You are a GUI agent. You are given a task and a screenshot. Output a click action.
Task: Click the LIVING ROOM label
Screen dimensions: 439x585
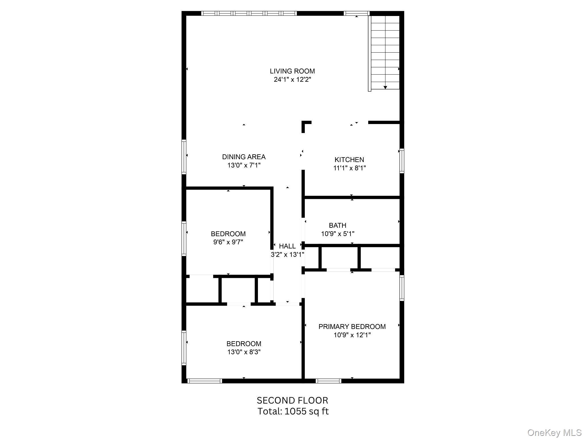point(292,71)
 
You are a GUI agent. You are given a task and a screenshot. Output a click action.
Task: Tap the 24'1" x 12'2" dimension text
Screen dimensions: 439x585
point(292,80)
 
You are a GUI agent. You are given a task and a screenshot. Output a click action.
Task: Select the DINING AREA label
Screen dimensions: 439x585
point(244,157)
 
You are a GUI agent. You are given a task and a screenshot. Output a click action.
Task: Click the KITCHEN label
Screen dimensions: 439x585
point(349,160)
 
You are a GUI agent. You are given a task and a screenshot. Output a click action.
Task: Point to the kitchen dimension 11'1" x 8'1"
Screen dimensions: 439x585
point(349,168)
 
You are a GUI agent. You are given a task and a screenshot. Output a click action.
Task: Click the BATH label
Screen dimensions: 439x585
point(337,226)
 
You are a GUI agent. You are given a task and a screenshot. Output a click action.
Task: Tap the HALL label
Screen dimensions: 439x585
point(287,246)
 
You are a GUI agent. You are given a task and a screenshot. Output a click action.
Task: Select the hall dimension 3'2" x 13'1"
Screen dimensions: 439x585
point(287,254)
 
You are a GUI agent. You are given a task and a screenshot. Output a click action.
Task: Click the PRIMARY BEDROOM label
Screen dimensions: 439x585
point(352,327)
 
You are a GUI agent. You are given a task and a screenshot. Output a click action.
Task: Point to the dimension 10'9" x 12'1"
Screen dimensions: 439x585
point(352,335)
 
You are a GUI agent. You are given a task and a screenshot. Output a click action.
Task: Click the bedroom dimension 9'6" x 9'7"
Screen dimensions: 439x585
point(228,242)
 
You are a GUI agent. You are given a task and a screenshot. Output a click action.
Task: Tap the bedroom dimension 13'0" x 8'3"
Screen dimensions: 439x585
point(244,352)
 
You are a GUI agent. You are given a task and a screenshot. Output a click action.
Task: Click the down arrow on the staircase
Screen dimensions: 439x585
point(385,87)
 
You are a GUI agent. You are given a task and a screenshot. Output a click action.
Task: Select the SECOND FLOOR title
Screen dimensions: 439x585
point(292,400)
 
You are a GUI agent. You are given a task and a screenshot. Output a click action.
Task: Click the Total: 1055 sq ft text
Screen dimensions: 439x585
point(293,411)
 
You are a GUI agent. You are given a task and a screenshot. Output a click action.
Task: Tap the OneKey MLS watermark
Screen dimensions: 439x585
point(554,433)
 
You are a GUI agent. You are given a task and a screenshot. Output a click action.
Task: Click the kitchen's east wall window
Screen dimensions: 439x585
point(402,161)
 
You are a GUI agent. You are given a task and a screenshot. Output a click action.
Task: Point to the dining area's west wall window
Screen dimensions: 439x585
point(184,157)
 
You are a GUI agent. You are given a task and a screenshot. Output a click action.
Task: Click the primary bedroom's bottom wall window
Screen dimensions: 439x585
point(328,381)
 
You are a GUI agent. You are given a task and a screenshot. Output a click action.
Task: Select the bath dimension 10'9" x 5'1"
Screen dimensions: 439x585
point(337,234)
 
